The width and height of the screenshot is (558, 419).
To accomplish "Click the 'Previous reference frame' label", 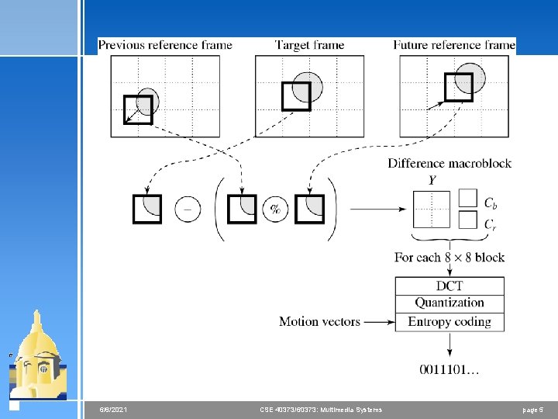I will (x=165, y=45).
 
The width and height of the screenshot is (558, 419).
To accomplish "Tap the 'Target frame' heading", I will (x=309, y=45).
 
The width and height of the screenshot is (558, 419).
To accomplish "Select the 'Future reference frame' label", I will (x=453, y=45).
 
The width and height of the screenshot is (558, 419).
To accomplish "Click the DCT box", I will (x=449, y=286).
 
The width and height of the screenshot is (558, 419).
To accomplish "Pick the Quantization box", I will (x=449, y=303).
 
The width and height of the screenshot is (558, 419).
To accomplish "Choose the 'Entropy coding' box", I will (x=449, y=321).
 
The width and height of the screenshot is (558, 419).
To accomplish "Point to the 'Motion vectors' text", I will (x=319, y=321).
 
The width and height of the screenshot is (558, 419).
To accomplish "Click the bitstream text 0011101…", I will (x=449, y=370).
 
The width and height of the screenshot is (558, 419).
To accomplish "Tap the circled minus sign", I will (x=188, y=209).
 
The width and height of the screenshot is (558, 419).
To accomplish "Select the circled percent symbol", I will (x=275, y=209).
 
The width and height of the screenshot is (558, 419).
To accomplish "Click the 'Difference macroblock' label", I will (x=449, y=163).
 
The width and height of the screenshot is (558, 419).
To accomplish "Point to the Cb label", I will (x=491, y=203).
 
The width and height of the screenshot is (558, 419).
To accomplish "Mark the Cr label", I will (x=491, y=224).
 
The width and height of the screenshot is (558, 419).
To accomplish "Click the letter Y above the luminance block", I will (x=432, y=181).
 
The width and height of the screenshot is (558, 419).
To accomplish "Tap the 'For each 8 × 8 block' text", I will (x=449, y=257).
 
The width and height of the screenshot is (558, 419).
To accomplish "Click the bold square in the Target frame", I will (x=295, y=96).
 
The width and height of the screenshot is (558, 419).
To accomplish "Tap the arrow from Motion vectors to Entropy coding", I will (x=378, y=321).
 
